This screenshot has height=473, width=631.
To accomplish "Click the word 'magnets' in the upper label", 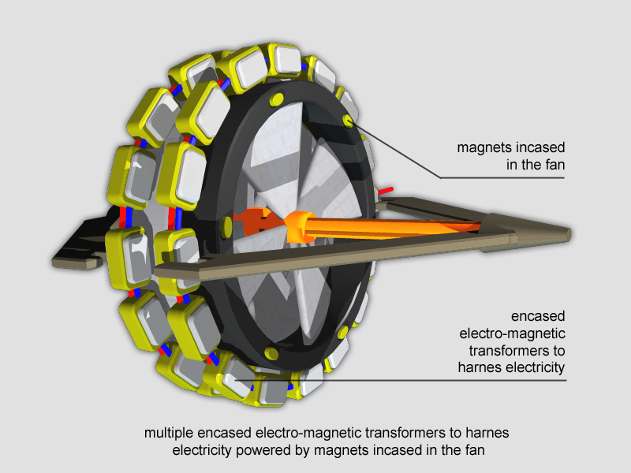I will click(482, 147).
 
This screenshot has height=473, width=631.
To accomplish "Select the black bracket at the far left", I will click(75, 250).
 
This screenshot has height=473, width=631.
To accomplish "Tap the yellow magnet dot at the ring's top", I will click(276, 98).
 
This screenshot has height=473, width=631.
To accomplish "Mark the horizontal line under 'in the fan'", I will click(505, 178).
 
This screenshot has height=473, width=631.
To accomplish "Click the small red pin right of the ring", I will click(386, 190).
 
